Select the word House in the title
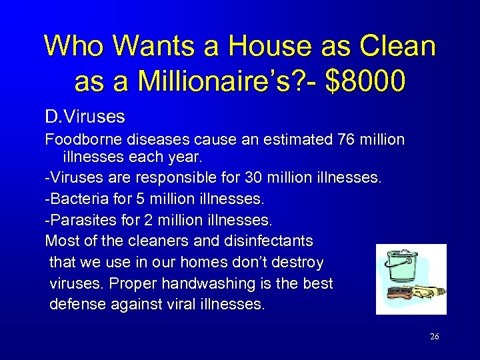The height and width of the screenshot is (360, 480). pyautogui.click(x=269, y=46)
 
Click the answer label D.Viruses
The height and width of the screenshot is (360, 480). pyautogui.click(x=85, y=117)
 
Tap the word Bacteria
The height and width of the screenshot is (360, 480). pyautogui.click(x=77, y=199)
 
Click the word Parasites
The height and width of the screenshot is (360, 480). pyautogui.click(x=80, y=219)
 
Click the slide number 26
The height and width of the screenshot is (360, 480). pyautogui.click(x=435, y=337)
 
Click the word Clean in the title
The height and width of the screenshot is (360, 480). pyautogui.click(x=397, y=46)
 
